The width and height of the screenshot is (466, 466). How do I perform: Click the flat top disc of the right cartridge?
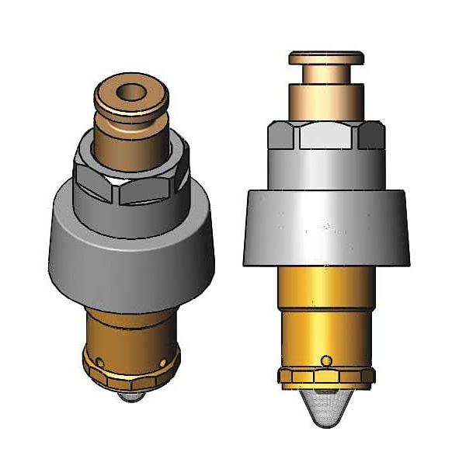click(325, 57)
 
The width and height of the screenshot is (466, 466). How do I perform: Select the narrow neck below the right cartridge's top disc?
click(325, 73)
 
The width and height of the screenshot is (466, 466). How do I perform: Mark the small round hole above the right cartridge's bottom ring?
click(327, 360)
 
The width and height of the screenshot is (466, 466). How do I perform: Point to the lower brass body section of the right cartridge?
click(325, 326)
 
